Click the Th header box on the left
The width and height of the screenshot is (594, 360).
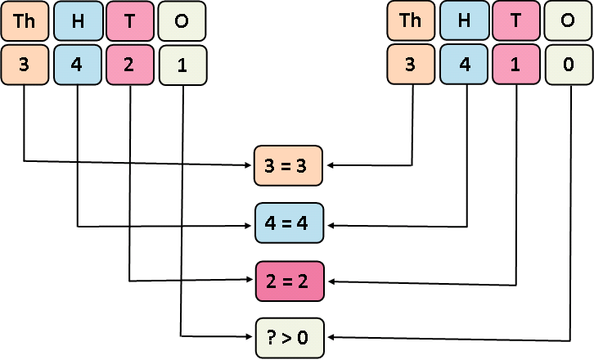click(25, 21)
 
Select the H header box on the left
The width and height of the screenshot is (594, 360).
click(78, 21)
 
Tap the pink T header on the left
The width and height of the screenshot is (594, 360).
click(130, 21)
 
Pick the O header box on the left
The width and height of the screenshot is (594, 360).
click(182, 21)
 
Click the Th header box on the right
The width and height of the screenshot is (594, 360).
click(411, 21)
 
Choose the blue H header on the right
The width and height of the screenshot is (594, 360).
click(464, 21)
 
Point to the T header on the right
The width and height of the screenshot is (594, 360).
click(516, 21)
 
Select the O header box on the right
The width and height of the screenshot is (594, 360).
click(568, 21)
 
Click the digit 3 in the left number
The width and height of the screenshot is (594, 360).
click(25, 65)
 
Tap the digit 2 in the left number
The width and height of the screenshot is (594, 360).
click(130, 65)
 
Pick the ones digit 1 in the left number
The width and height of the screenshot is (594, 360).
click(182, 65)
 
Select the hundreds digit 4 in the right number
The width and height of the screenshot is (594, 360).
click(464, 65)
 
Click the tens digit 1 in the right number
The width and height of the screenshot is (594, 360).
click(516, 65)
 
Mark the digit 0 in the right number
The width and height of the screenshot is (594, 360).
click(568, 65)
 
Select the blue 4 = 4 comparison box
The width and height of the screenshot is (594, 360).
click(289, 223)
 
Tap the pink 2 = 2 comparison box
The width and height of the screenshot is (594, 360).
click(289, 281)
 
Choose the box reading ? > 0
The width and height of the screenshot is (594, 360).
click(289, 337)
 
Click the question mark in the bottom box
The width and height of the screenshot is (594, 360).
click(272, 337)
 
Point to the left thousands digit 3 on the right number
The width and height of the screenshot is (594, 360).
click(411, 65)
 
